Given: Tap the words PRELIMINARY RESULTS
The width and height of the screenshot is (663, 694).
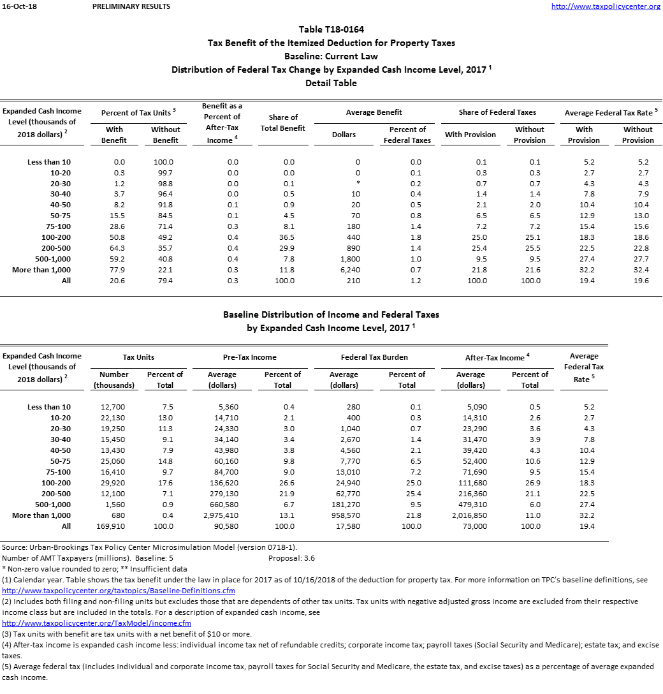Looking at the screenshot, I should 131,6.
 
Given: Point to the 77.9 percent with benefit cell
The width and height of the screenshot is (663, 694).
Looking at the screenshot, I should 115,270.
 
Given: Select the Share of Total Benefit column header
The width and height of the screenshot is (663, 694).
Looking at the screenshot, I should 284,122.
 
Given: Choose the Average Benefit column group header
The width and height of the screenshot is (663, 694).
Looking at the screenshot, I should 374,112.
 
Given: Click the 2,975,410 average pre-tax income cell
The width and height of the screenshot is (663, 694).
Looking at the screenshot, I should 222,515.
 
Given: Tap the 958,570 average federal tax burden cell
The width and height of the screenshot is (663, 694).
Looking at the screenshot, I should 344,515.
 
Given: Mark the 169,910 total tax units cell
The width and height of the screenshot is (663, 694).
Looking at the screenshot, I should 114,526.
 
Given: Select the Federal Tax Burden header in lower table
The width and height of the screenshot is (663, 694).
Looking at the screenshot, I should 374,357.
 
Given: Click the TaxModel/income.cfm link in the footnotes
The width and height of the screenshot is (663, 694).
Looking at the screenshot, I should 97,623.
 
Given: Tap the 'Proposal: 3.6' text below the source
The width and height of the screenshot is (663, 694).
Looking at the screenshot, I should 292,558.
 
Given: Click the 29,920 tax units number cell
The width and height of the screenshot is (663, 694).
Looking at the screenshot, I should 114,483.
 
